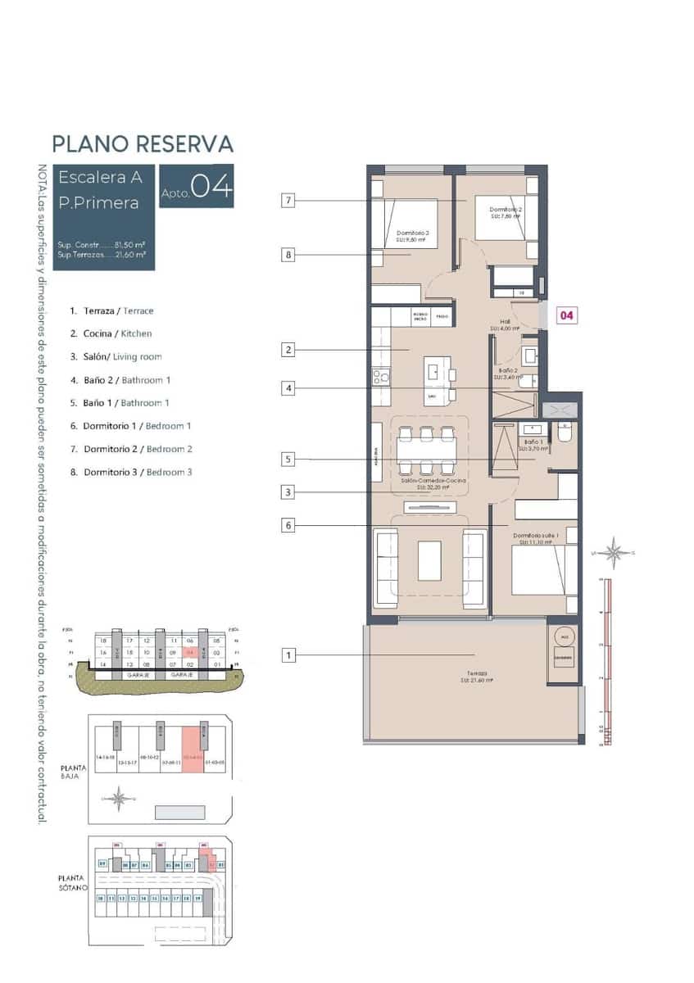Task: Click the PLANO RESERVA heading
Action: pos(143,144)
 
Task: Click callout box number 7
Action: pos(288,200)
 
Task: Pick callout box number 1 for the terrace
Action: pos(288,655)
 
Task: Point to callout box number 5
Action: pos(288,460)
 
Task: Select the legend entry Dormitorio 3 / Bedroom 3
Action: pos(131,472)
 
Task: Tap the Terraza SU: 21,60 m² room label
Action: pos(474,675)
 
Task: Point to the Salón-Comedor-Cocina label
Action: pos(433,483)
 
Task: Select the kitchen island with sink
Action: pos(441,380)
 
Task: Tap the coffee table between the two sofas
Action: pos(429,560)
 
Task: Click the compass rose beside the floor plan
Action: pos(614,553)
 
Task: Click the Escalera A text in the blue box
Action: pos(100,176)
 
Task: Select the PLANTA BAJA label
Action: pos(73,769)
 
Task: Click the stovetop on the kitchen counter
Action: pos(380,377)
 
